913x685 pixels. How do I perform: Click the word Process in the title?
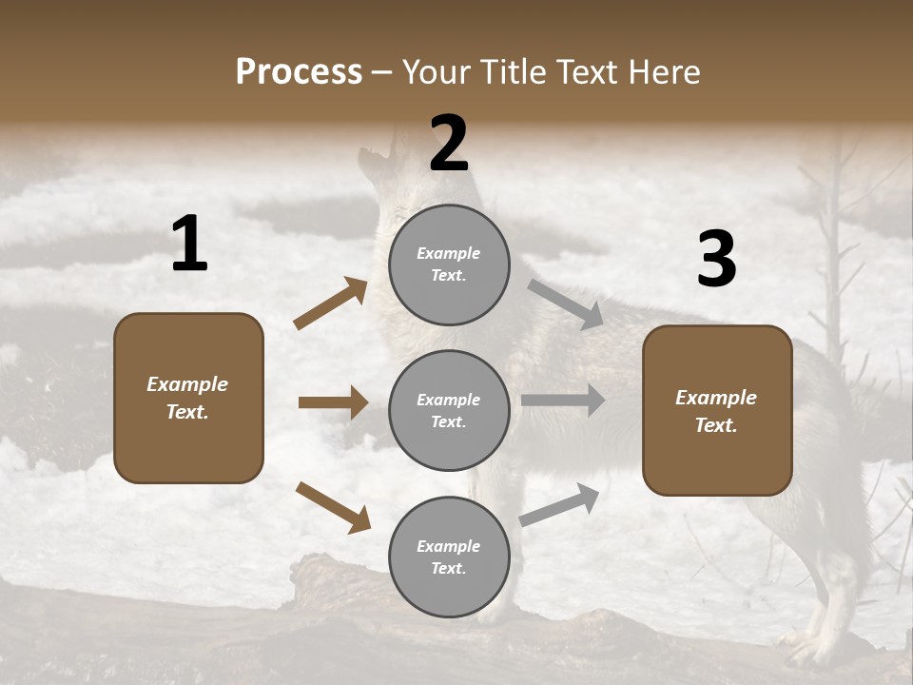coord(299,71)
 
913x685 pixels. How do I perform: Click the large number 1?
coord(189,245)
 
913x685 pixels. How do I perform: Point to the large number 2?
coord(449,144)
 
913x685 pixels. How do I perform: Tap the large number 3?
coord(716,259)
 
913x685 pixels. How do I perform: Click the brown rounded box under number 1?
coord(188,398)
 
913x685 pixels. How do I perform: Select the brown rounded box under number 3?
coord(717,410)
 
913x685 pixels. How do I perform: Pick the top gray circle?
coord(449,264)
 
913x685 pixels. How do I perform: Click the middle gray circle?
coord(449,410)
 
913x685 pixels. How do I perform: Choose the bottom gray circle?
coord(449,557)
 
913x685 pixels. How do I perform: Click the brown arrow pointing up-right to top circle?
coord(331,303)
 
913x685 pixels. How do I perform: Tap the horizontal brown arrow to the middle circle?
coord(333,402)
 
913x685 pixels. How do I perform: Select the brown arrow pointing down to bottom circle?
coord(333,507)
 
